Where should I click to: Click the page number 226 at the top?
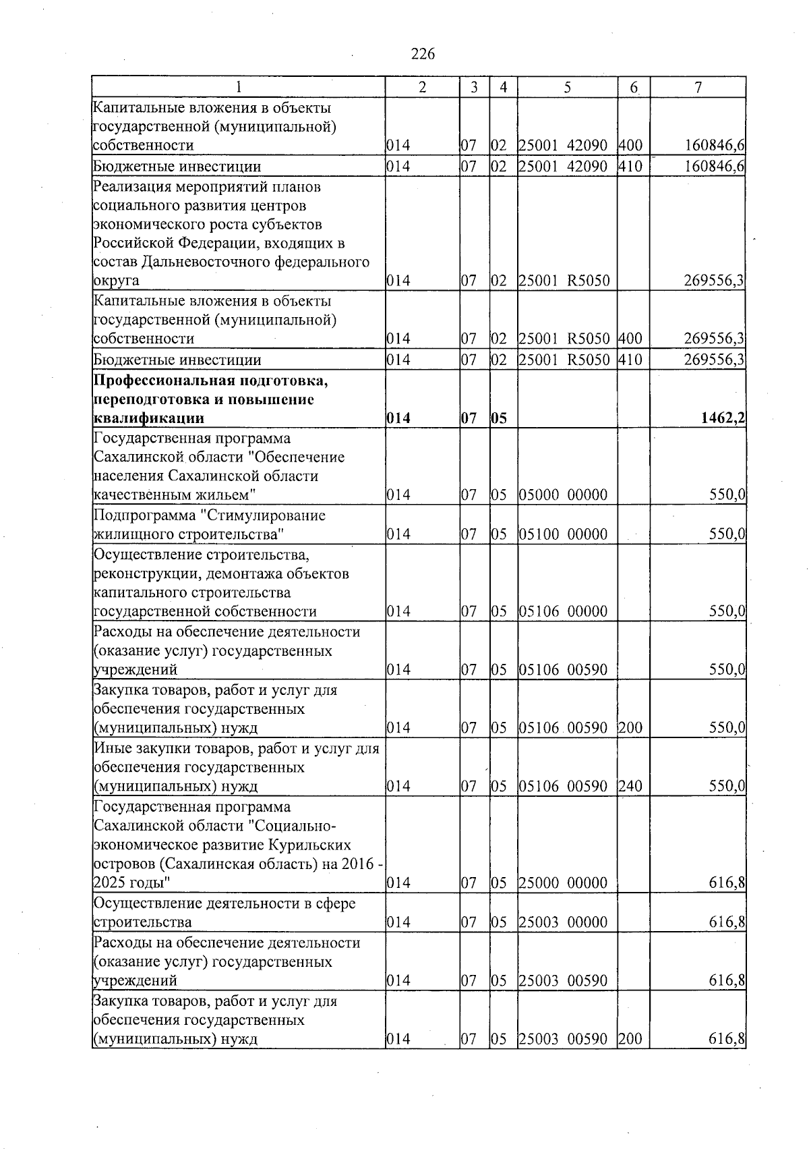(x=423, y=55)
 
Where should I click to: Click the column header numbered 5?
(x=567, y=87)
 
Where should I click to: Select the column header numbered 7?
(x=698, y=87)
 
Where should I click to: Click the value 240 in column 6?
(x=630, y=787)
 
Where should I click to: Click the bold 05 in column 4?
(x=499, y=419)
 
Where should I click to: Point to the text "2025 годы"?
(x=131, y=883)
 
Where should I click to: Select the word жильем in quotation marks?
(x=224, y=496)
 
